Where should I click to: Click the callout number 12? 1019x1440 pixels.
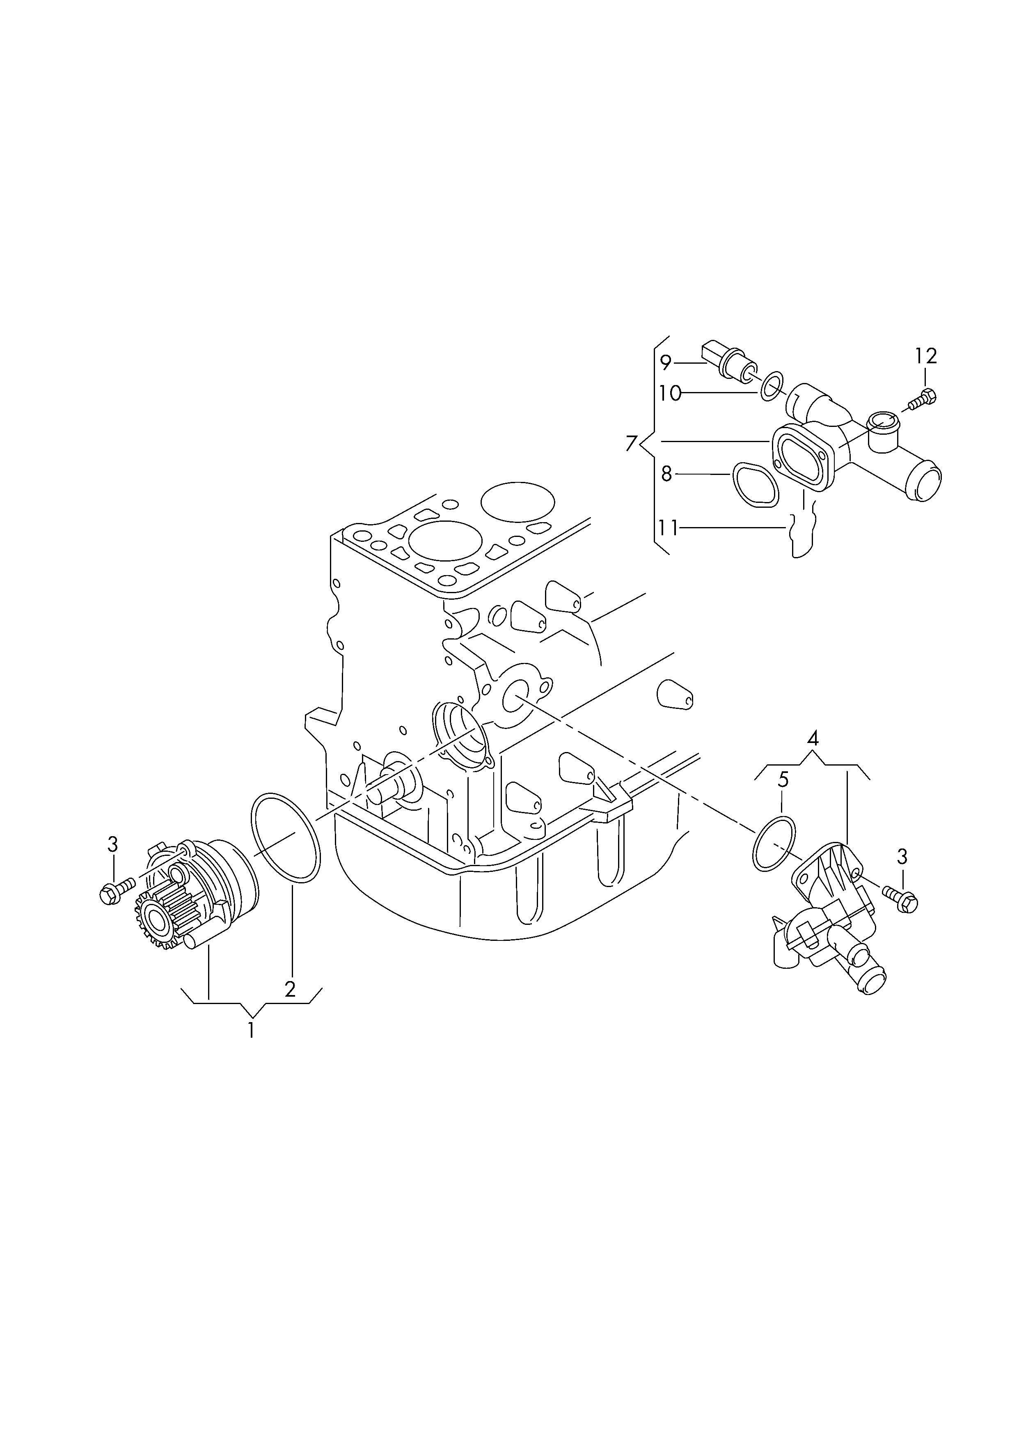pos(925,356)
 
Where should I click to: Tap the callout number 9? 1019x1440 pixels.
pos(666,362)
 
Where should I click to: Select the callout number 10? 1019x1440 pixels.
pos(670,393)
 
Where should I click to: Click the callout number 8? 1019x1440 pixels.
pos(666,475)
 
